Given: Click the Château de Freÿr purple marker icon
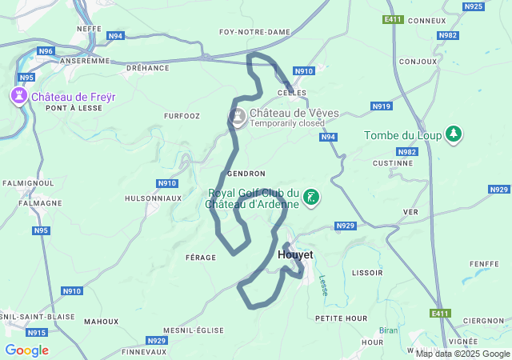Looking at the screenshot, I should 18,97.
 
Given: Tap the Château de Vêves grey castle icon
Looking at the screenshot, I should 238,118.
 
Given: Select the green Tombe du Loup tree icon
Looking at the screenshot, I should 454,134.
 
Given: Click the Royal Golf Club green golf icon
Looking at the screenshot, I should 312,198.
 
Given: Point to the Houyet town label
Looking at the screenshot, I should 295,254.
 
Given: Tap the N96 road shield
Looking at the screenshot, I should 46,51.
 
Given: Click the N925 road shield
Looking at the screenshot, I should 474,6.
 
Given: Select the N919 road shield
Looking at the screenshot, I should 382,106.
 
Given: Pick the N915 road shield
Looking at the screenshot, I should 37,332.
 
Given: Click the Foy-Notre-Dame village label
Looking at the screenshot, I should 254,32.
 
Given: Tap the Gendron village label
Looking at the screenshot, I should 246,174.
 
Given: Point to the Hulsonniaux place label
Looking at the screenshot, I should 148,198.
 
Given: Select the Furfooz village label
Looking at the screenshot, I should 180,116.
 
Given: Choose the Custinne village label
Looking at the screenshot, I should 393,162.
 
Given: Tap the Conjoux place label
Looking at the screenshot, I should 418,61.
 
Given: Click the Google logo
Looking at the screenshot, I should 26,350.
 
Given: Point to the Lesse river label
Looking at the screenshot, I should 323,286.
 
